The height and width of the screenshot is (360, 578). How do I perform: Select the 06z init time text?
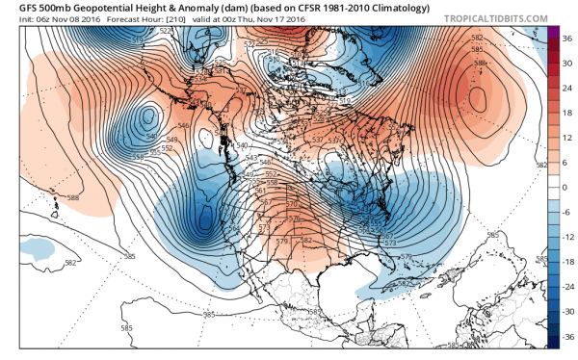(38, 20)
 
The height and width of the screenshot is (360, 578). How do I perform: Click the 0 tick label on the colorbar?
(566, 189)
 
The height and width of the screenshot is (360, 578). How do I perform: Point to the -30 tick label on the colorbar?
(568, 311)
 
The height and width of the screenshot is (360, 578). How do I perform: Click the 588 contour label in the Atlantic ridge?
(479, 64)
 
